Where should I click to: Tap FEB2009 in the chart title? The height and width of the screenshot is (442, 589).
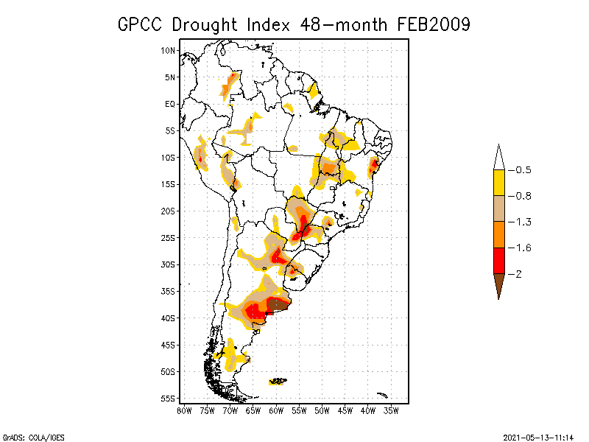coord(434,24)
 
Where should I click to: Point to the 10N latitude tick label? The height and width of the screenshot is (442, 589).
coord(168,50)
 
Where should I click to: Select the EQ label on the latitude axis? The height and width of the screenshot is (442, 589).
coord(170,104)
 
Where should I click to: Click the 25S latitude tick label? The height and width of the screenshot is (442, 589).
coord(168,237)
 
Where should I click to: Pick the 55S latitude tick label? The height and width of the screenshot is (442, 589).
coord(168,398)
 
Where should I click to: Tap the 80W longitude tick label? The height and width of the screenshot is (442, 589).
coord(184,410)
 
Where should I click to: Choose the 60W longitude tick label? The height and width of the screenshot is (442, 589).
coord(276,410)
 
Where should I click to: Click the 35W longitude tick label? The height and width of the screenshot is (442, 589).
coord(391,410)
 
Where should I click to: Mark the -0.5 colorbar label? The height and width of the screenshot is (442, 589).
coord(521,170)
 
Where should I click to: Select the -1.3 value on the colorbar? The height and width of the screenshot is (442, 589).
coord(521,222)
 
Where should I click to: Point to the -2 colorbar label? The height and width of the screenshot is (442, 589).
coord(518,274)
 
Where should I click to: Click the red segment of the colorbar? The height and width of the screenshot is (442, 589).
coord(498,260)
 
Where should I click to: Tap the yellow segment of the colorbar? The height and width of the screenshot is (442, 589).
coord(498,183)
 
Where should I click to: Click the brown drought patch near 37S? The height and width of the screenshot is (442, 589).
coord(278,304)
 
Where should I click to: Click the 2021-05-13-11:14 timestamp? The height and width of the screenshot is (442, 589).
coord(538,435)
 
